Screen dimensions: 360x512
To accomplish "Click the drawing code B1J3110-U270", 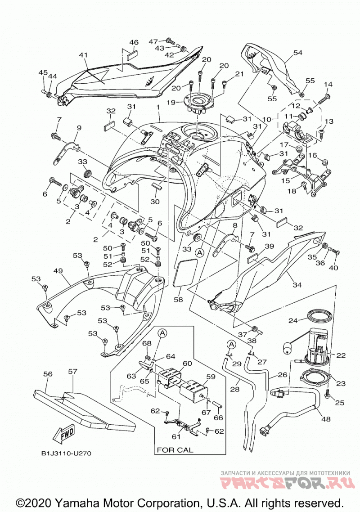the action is coord(66,454).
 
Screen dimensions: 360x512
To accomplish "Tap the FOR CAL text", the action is coord(175,450).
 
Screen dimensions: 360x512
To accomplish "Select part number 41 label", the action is coord(83,55).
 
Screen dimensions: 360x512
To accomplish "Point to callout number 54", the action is coord(297,53).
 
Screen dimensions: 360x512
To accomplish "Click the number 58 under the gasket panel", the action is coord(178,300).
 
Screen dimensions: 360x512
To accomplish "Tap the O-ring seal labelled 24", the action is coord(320,315).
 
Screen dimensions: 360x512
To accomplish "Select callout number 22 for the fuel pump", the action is coord(341,355).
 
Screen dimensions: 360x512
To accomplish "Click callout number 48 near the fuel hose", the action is coord(326,418).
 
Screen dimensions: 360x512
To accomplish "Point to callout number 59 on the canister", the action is coord(211,377).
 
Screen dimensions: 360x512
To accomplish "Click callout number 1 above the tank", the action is coord(157,108).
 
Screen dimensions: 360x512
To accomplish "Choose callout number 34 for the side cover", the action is coord(297,285).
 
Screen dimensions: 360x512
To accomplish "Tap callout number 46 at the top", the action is coord(134,42).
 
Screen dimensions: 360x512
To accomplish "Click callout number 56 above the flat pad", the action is coord(48,374).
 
